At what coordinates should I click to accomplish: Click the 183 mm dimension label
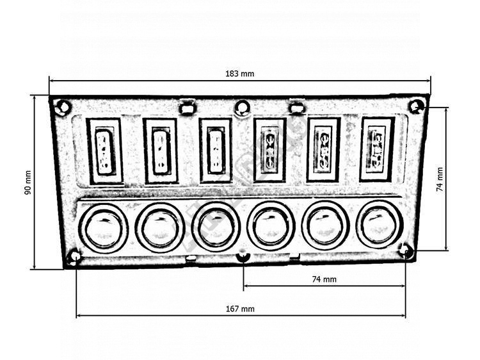click(x=240, y=74)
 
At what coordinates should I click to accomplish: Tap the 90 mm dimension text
click(x=28, y=183)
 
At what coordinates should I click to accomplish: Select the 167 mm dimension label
click(x=240, y=309)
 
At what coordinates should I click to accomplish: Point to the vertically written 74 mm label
click(x=439, y=179)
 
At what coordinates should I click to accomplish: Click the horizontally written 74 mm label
click(x=324, y=279)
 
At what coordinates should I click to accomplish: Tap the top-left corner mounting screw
click(x=62, y=108)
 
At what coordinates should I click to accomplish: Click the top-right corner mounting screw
click(x=417, y=106)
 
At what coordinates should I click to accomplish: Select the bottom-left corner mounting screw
click(x=74, y=257)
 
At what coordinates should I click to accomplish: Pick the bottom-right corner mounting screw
click(x=406, y=251)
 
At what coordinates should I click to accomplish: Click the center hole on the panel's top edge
click(x=242, y=107)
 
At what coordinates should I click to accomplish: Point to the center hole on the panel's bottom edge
click(x=243, y=257)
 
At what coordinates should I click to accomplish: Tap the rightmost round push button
click(x=380, y=225)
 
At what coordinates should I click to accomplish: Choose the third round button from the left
click(x=215, y=227)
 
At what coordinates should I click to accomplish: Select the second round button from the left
click(x=160, y=227)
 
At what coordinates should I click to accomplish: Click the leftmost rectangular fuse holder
click(x=104, y=151)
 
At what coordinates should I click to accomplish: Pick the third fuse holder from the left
click(x=215, y=151)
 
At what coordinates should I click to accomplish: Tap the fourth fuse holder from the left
click(x=269, y=150)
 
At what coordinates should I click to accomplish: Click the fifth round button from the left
click(x=325, y=225)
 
